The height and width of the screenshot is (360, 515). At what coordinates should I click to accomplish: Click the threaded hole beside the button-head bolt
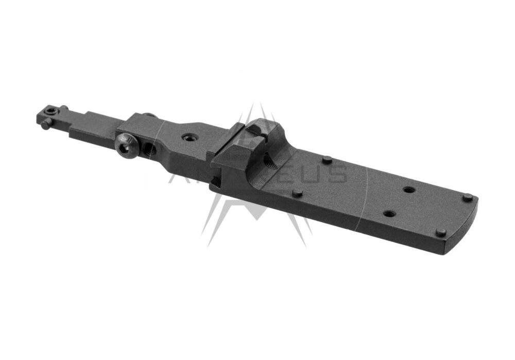(x=151, y=150)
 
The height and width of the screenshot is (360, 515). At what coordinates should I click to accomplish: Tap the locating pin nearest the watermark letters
(x=327, y=160)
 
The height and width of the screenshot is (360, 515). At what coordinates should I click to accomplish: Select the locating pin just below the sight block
(x=297, y=194)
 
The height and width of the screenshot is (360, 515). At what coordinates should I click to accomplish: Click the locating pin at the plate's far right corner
(x=467, y=197)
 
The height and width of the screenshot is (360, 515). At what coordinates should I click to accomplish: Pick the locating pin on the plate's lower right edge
(x=441, y=233)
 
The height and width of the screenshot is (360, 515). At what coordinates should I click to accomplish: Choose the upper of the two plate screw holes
(x=409, y=190)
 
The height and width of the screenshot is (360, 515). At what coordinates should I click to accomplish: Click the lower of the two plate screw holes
(x=389, y=213)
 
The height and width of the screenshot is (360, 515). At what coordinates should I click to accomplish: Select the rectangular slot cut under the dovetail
(x=214, y=181)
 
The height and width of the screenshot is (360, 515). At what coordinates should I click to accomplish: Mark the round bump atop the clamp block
(x=149, y=115)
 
